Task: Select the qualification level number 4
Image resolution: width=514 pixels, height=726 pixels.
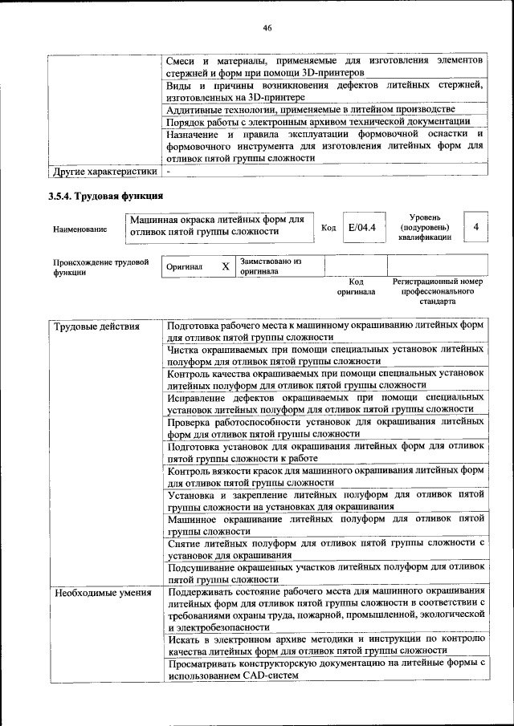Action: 476,228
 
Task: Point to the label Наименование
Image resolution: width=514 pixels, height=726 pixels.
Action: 80,229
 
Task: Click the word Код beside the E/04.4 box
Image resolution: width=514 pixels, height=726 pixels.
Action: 328,229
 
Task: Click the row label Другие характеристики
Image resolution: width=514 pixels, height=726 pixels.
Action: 104,171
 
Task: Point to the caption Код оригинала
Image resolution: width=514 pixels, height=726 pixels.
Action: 356,287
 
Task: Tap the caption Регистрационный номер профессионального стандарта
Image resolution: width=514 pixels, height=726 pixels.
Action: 437,292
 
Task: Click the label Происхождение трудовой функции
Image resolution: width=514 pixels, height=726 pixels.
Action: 100,267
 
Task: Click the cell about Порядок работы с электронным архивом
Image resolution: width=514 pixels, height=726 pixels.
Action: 318,122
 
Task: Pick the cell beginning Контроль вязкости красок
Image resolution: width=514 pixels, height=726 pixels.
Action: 325,477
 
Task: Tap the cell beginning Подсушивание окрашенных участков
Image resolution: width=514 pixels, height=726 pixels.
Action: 325,572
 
